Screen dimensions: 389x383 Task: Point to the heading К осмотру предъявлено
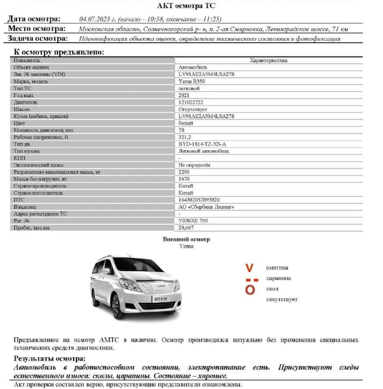click(x=59, y=52)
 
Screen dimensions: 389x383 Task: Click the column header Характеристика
click(x=268, y=61)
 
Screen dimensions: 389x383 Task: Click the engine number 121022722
click(x=190, y=102)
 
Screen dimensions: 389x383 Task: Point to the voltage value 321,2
click(x=185, y=137)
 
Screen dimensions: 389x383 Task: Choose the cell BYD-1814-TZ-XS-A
click(x=202, y=144)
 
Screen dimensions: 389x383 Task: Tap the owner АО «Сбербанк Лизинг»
click(x=206, y=207)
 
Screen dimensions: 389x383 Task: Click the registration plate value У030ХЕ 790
click(x=193, y=221)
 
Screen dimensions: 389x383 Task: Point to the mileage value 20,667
click(x=186, y=228)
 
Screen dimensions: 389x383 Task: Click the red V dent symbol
click(x=250, y=268)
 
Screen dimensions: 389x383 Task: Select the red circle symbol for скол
click(x=250, y=290)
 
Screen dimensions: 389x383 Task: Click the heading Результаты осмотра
click(x=50, y=359)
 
